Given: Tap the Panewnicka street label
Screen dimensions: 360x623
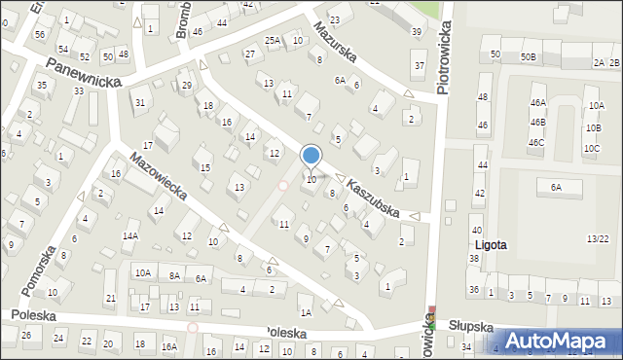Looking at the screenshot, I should pos(82,71).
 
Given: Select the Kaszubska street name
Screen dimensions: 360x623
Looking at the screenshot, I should pos(374,198).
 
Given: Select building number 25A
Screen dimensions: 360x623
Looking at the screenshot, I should pos(273,40).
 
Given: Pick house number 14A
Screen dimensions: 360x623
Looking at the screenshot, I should pos(130,235).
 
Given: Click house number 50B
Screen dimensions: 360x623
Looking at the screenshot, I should pos(528,57).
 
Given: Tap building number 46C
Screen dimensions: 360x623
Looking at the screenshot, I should pos(536,142).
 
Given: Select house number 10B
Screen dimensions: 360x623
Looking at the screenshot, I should pos(593,127).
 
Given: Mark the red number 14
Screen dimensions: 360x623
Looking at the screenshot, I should pos(250,137).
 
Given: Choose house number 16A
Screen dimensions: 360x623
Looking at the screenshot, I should pos(168,346).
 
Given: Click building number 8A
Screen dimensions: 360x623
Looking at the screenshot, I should pos(174,276).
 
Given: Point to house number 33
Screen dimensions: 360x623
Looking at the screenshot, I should pos(78,90).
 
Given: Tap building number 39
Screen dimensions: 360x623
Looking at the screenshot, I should pos(417,32).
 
